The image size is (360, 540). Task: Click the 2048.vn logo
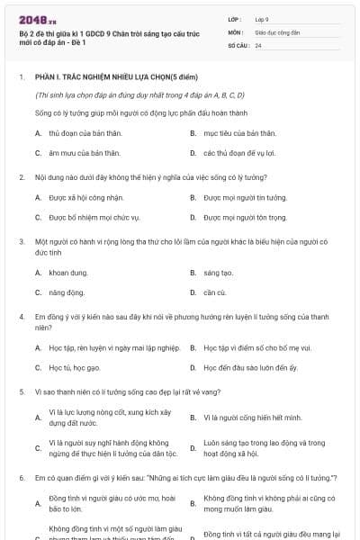(31, 19)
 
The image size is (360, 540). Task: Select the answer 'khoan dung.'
(67, 272)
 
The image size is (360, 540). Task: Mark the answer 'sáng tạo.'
(218, 272)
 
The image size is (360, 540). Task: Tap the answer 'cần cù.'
(215, 292)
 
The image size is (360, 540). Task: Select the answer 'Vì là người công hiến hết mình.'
(251, 418)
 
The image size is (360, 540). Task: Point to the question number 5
(22, 391)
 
